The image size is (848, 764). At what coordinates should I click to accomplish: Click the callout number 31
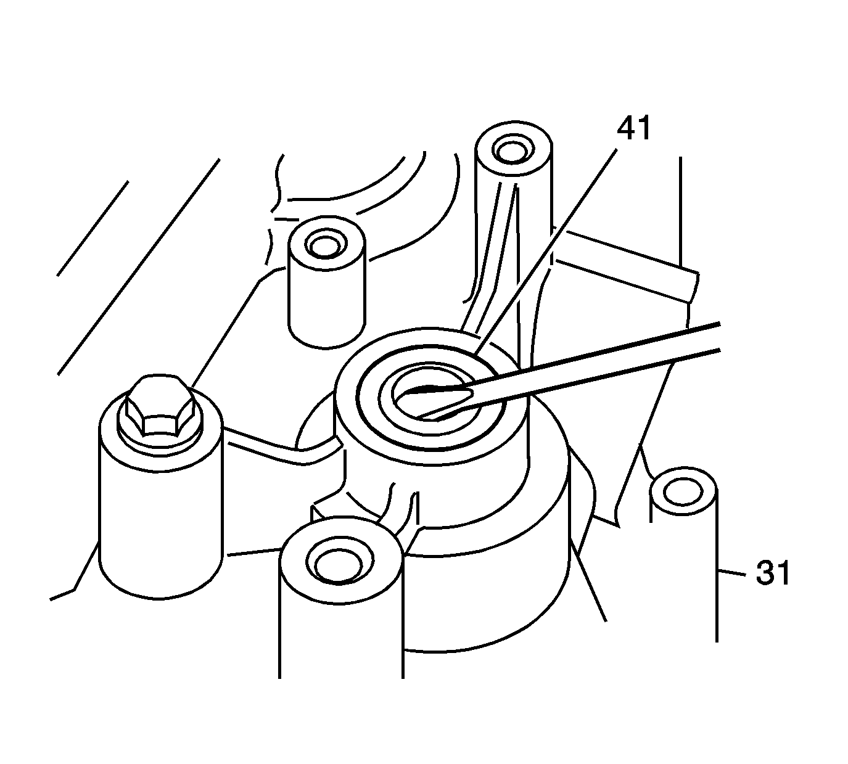[x=773, y=574]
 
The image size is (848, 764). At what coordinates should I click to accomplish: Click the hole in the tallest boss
[x=510, y=149]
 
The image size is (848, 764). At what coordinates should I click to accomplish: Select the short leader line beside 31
[x=735, y=574]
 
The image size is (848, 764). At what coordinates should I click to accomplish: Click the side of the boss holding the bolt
[x=160, y=524]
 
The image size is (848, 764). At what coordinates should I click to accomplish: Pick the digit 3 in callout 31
[x=765, y=574]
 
